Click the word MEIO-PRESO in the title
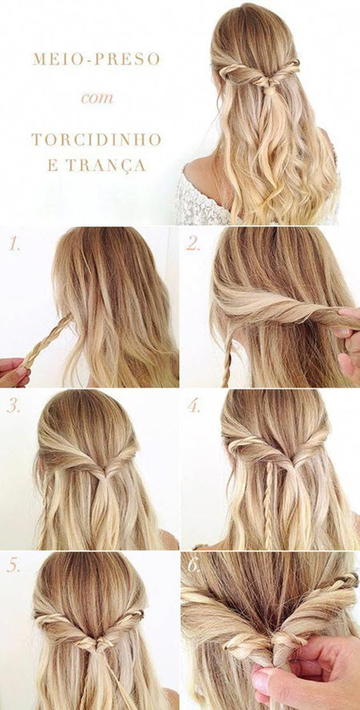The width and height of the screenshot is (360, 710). tap(97, 59)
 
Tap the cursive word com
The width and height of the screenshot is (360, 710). tap(97, 98)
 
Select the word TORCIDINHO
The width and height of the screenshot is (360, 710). tap(96, 139)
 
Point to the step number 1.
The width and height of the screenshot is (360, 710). tap(14, 244)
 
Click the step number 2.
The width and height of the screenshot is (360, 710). tap(193, 244)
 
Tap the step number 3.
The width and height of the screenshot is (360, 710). tap(14, 406)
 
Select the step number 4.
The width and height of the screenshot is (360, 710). tap(194, 406)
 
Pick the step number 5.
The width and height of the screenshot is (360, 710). tap(14, 566)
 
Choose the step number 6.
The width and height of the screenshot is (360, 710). tap(194, 566)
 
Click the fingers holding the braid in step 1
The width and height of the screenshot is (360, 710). tap(14, 372)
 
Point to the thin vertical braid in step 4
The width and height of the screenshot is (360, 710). tap(268, 503)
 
